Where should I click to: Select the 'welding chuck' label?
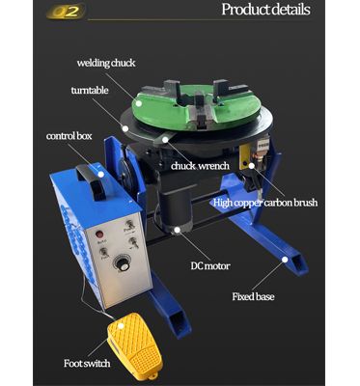click(105, 63)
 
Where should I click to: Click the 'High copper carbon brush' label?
click(266, 203)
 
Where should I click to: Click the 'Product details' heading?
click(265, 11)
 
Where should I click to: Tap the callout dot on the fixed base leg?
click(285, 259)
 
